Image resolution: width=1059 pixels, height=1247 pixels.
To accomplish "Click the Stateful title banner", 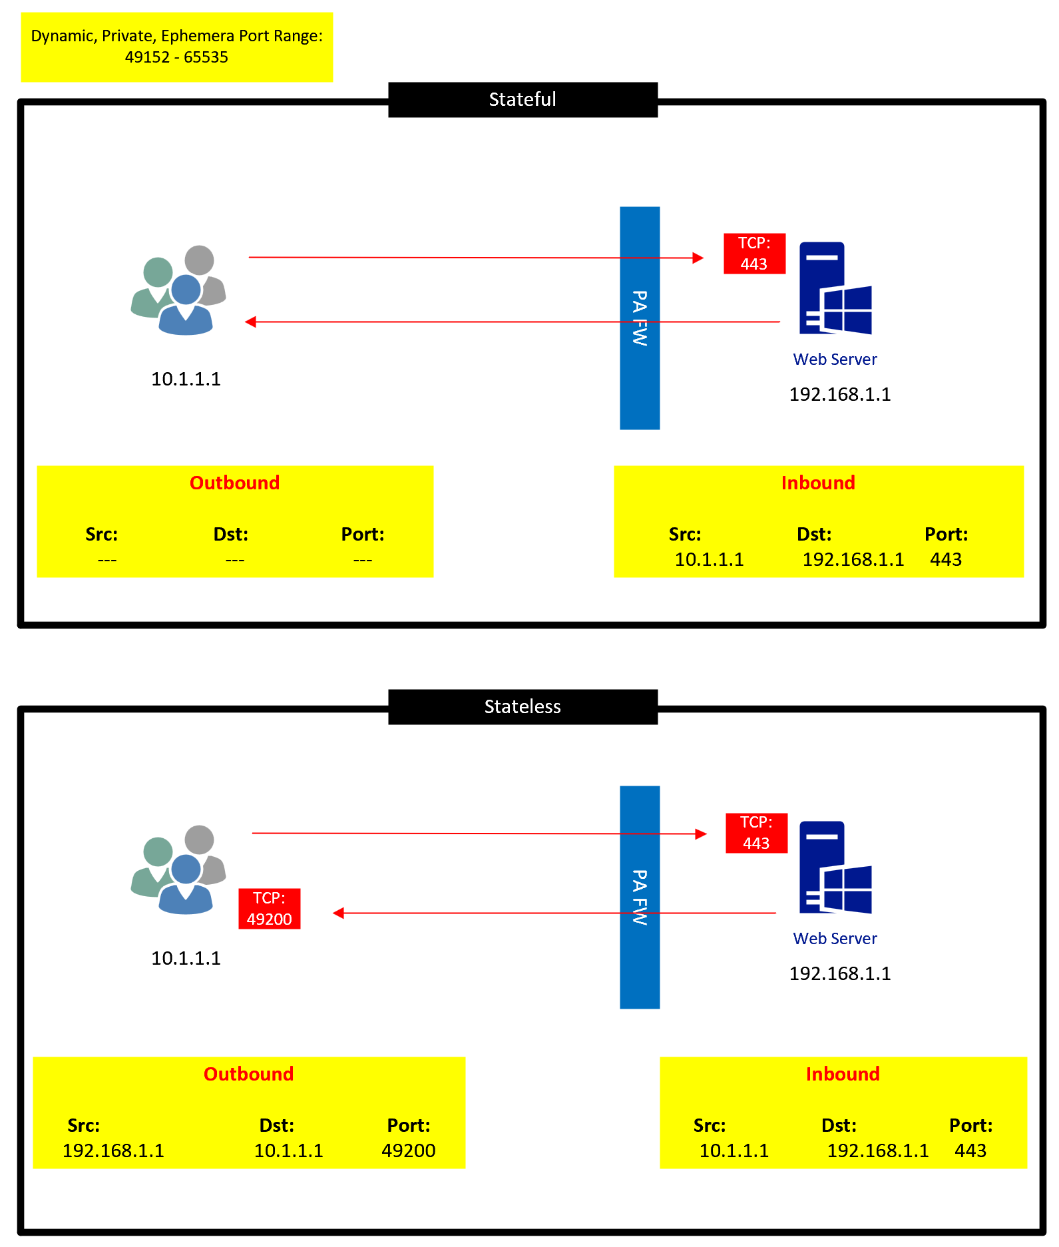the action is point(523,100).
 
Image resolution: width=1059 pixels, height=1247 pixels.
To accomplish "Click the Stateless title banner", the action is point(523,706).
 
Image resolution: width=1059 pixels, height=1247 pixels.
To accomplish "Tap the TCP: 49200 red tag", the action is point(270,909).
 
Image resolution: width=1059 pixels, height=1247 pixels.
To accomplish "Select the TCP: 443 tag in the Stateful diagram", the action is point(755,254).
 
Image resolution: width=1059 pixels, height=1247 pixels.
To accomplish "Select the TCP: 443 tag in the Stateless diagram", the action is point(757,833).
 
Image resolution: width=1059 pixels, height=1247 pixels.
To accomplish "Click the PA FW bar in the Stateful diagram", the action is point(640,318).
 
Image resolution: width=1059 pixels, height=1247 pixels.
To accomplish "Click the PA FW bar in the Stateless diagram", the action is point(640,897).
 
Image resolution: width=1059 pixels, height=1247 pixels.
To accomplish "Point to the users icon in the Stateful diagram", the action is point(178,290).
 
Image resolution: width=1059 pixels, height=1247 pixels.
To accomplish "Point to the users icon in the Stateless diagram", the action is point(178,870).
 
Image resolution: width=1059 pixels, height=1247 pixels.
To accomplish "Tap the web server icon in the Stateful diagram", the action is point(835,288).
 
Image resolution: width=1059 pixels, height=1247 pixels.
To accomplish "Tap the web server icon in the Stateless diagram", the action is point(835,868).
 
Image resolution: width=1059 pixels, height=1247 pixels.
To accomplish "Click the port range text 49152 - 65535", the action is point(176,57).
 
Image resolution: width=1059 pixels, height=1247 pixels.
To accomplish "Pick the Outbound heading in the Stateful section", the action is point(235,483).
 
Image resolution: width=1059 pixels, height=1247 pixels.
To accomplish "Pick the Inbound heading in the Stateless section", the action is point(843,1074).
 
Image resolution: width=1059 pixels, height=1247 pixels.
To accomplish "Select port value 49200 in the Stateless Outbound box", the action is point(409,1150).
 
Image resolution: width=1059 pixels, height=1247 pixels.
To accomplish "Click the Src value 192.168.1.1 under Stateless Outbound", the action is point(113,1150).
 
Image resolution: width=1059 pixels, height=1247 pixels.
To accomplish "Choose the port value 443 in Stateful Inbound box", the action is point(946,559).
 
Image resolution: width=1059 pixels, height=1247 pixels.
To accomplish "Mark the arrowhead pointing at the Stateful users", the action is point(250,322).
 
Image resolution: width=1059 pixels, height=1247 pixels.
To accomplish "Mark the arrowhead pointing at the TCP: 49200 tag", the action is point(338,913).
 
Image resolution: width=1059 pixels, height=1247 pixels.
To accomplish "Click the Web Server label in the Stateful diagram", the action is point(835,360).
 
